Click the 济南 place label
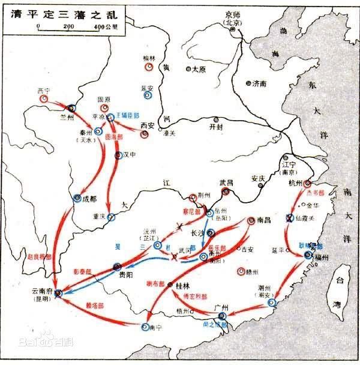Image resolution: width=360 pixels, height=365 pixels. (x=259, y=83)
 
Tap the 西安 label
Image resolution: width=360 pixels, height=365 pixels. (x=147, y=125)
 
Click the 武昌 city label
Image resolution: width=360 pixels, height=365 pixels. (x=226, y=182)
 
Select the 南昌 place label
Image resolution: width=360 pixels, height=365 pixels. (x=264, y=220)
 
